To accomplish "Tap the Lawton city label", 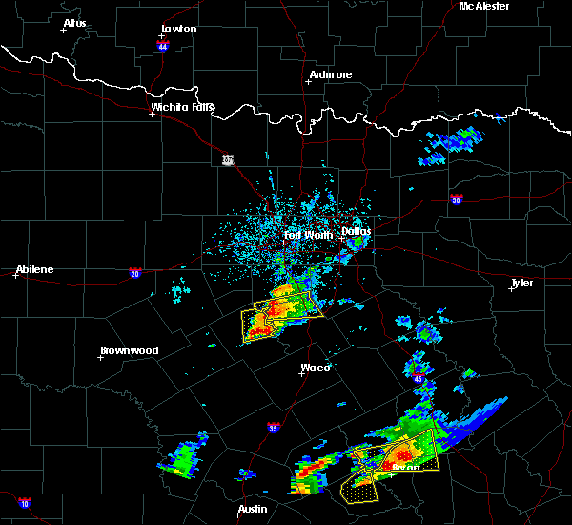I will (x=178, y=29).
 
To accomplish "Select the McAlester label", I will (x=483, y=6).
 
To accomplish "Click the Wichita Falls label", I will (x=183, y=107).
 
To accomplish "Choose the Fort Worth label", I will (x=306, y=234).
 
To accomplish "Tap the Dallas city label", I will (x=357, y=231).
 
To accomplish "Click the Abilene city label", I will (x=34, y=269).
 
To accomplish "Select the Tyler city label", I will (x=521, y=283).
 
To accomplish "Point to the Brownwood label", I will (x=129, y=350).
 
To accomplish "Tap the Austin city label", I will (x=253, y=509).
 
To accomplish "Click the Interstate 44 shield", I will (x=163, y=46).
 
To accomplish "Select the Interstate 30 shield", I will (x=457, y=199).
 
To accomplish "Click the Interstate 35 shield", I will (x=274, y=427).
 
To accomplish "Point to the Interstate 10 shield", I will (x=24, y=503).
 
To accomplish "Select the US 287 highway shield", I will (x=227, y=158).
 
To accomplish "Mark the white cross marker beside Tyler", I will (x=512, y=289).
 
